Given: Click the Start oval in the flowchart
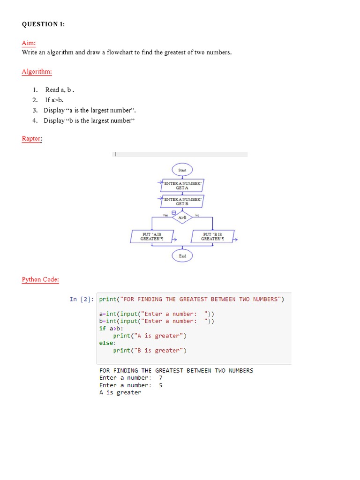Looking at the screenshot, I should click(182, 170).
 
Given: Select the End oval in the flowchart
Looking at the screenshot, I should click(182, 256).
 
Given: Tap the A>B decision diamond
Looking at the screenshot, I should click(182, 217).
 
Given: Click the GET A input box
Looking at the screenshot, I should click(182, 186).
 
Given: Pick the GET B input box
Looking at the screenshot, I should click(182, 202).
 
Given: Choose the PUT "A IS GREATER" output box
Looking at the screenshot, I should click(152, 236).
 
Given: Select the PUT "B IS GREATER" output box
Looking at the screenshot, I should click(212, 236).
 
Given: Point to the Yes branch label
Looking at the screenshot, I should click(165, 215).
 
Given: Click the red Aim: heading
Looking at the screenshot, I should click(29, 43).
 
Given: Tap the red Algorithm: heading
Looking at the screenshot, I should click(37, 72).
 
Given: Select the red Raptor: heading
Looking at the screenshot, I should click(32, 139).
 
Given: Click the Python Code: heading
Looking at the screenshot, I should click(40, 279).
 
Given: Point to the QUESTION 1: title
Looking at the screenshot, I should click(44, 24).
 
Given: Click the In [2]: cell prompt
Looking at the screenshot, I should click(82, 299).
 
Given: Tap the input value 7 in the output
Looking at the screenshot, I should click(161, 378).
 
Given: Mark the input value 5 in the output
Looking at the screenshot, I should click(161, 385).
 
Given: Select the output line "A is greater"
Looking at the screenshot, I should click(120, 393).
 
